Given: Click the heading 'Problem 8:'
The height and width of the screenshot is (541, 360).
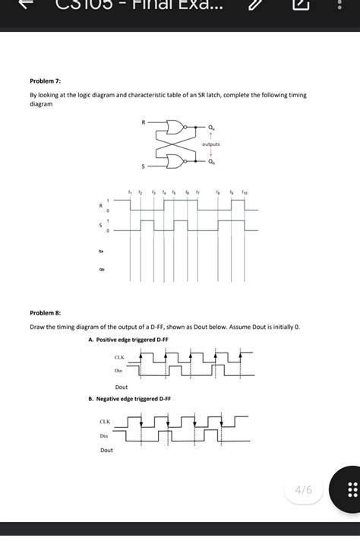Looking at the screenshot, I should click(x=45, y=313).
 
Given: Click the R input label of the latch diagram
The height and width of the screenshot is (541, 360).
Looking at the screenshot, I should click(x=141, y=122).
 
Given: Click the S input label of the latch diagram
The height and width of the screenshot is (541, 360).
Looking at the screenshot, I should click(x=141, y=166).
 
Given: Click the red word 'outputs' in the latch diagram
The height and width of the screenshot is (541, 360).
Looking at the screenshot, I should click(x=210, y=144).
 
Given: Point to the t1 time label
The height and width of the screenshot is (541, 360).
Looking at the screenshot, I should click(x=131, y=193).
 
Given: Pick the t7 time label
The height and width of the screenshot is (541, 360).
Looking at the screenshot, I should click(x=197, y=193).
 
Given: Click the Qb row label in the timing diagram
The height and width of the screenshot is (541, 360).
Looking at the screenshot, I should click(x=101, y=267).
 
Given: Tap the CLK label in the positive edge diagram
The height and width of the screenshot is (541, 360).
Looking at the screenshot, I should click(x=118, y=357).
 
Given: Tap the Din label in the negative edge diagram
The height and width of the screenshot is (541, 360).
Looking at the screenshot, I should click(x=104, y=436).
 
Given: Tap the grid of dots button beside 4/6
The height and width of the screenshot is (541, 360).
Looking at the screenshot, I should click(x=350, y=490).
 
